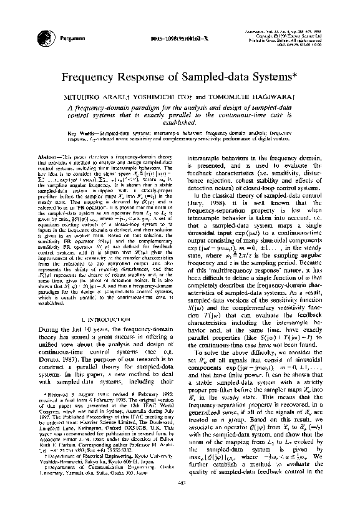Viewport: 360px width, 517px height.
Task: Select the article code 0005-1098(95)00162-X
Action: pyautogui.click(x=179, y=39)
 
